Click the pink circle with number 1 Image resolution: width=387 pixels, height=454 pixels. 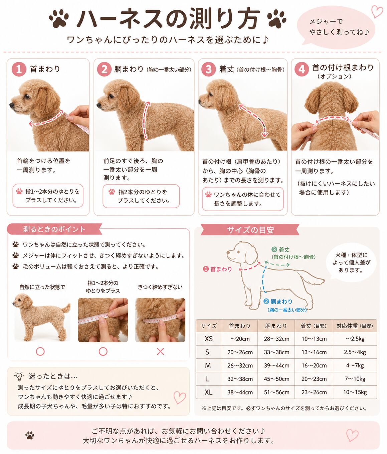[19, 70]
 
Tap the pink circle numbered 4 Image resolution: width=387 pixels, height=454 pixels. [302, 70]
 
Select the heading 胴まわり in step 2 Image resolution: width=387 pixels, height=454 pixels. [129, 69]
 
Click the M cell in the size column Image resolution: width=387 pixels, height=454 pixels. [208, 365]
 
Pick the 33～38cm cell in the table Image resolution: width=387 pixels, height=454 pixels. [276, 352]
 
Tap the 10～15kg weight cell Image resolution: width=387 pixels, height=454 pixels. [355, 392]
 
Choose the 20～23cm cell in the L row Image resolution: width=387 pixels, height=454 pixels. [314, 379]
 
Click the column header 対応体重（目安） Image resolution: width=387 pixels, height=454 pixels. [355, 326]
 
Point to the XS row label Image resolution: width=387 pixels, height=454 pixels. [208, 339]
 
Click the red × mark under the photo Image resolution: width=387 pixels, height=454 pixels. [160, 352]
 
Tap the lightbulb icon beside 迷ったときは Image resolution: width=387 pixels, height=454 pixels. [19, 376]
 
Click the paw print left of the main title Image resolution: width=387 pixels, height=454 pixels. [59, 18]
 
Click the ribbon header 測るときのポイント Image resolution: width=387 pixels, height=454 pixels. [54, 229]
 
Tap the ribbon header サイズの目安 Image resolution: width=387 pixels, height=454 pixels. [250, 230]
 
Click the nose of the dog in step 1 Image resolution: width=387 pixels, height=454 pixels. [11, 105]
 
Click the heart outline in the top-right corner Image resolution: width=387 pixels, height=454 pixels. [377, 11]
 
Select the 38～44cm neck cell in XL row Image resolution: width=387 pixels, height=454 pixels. [240, 392]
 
